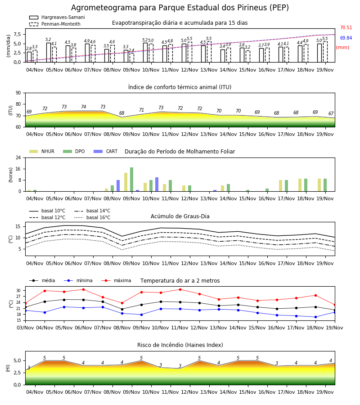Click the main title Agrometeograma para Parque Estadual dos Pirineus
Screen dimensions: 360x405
pos(180,8)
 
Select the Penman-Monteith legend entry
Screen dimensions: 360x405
pos(55,24)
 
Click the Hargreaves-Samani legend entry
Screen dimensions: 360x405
pos(57,17)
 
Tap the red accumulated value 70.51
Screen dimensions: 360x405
pos(346,27)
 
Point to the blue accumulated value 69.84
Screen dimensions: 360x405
pos(346,38)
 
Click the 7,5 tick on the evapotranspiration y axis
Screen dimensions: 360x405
pos(17,34)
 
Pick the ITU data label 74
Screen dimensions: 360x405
pos(83,107)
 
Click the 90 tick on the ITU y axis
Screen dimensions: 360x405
pos(18,93)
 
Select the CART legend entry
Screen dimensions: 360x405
pos(105,151)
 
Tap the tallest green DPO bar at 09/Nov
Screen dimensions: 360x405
pos(132,180)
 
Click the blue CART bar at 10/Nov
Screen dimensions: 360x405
pos(157,184)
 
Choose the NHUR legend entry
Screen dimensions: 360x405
pos(41,151)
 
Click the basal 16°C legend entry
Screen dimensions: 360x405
pos(92,217)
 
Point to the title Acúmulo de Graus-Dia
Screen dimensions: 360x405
pos(180,216)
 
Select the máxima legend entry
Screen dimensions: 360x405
pos(116,280)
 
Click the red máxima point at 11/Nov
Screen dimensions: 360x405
pos(180,289)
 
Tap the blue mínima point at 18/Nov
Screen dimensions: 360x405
pos(315,317)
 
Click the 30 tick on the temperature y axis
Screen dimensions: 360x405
pos(18,291)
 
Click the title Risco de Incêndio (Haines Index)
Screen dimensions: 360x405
pos(180,345)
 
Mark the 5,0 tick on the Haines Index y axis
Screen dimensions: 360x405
pos(17,360)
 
